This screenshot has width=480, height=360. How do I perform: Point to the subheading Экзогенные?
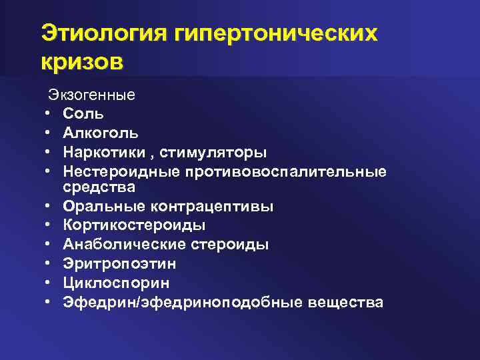[x=91, y=95]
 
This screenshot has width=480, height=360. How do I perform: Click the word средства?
[x=99, y=187]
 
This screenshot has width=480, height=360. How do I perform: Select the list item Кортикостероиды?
[x=134, y=225]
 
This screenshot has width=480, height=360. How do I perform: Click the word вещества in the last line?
[x=347, y=302]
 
